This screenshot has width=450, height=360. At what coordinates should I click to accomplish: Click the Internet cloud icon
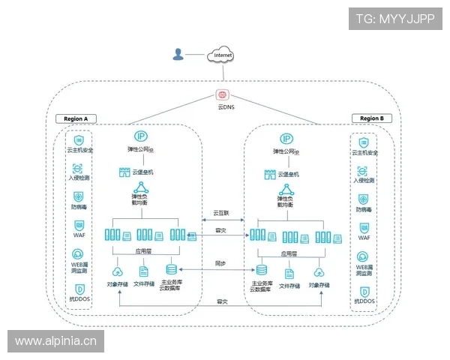pyautogui.click(x=223, y=55)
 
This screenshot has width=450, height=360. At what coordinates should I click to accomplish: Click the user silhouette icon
pyautogui.click(x=178, y=54)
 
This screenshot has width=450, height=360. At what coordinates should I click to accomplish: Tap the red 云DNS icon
pyautogui.click(x=222, y=95)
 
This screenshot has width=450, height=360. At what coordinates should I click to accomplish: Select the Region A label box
pyautogui.click(x=76, y=118)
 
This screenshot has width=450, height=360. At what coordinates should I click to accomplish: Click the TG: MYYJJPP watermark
pyautogui.click(x=394, y=18)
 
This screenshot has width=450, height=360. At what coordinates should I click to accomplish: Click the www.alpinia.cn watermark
pyautogui.click(x=56, y=342)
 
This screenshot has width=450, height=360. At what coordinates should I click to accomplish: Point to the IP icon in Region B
pyautogui.click(x=286, y=139)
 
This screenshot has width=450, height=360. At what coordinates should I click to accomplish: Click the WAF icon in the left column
pyautogui.click(x=79, y=226)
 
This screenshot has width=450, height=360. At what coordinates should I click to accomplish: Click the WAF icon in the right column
pyautogui.click(x=364, y=226)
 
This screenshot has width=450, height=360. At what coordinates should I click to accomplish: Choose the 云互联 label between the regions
pyautogui.click(x=221, y=212)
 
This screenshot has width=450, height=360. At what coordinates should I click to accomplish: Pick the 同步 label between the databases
pyautogui.click(x=220, y=264)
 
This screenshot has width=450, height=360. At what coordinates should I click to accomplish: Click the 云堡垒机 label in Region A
pyautogui.click(x=142, y=172)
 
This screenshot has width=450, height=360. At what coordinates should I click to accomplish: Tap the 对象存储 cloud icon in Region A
pyautogui.click(x=117, y=271)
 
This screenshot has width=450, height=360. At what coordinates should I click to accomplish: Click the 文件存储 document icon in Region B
pyautogui.click(x=289, y=273)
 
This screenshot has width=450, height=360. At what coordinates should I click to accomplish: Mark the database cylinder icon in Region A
pyautogui.click(x=171, y=269)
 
